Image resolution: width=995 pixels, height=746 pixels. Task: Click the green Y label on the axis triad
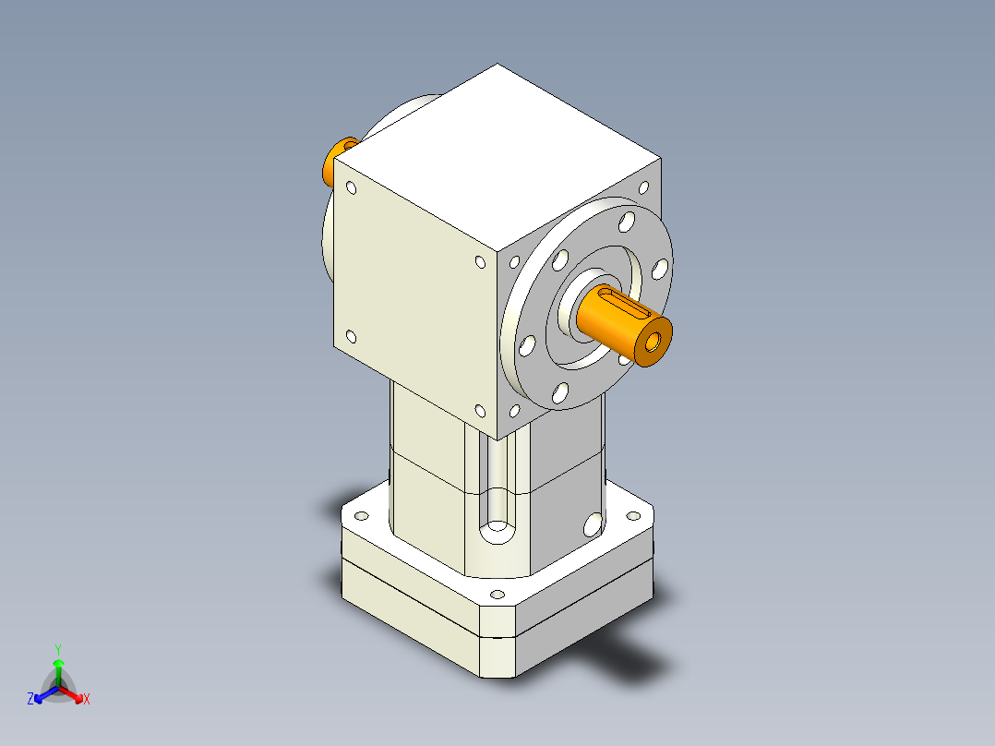57,649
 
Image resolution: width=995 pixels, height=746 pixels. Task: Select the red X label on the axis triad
87,700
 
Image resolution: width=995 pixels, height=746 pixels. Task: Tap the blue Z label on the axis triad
30,700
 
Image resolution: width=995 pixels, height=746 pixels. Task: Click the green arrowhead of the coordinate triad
58,663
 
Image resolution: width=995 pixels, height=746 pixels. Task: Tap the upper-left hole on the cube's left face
351,188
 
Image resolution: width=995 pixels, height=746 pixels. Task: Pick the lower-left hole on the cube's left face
351,337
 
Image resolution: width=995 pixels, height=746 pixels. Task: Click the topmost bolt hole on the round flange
627,222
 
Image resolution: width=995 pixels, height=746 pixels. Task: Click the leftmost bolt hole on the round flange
527,346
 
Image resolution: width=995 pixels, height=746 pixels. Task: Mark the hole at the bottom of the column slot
498,532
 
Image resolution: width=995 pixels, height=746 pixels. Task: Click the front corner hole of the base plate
497,595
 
